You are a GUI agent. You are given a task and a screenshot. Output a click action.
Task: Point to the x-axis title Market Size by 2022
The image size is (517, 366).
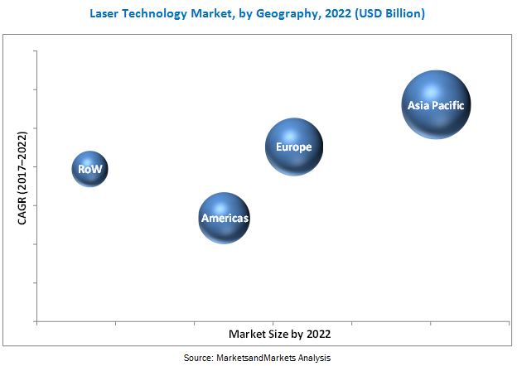click(280, 334)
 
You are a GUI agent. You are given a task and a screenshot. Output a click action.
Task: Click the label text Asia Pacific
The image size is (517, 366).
click(438, 105)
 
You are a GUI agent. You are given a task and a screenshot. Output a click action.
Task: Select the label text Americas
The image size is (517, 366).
click(225, 219)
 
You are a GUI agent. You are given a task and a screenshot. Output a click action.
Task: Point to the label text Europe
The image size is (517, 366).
click(294, 147)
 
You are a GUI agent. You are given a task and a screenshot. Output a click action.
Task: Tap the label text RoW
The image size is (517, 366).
click(89, 169)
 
